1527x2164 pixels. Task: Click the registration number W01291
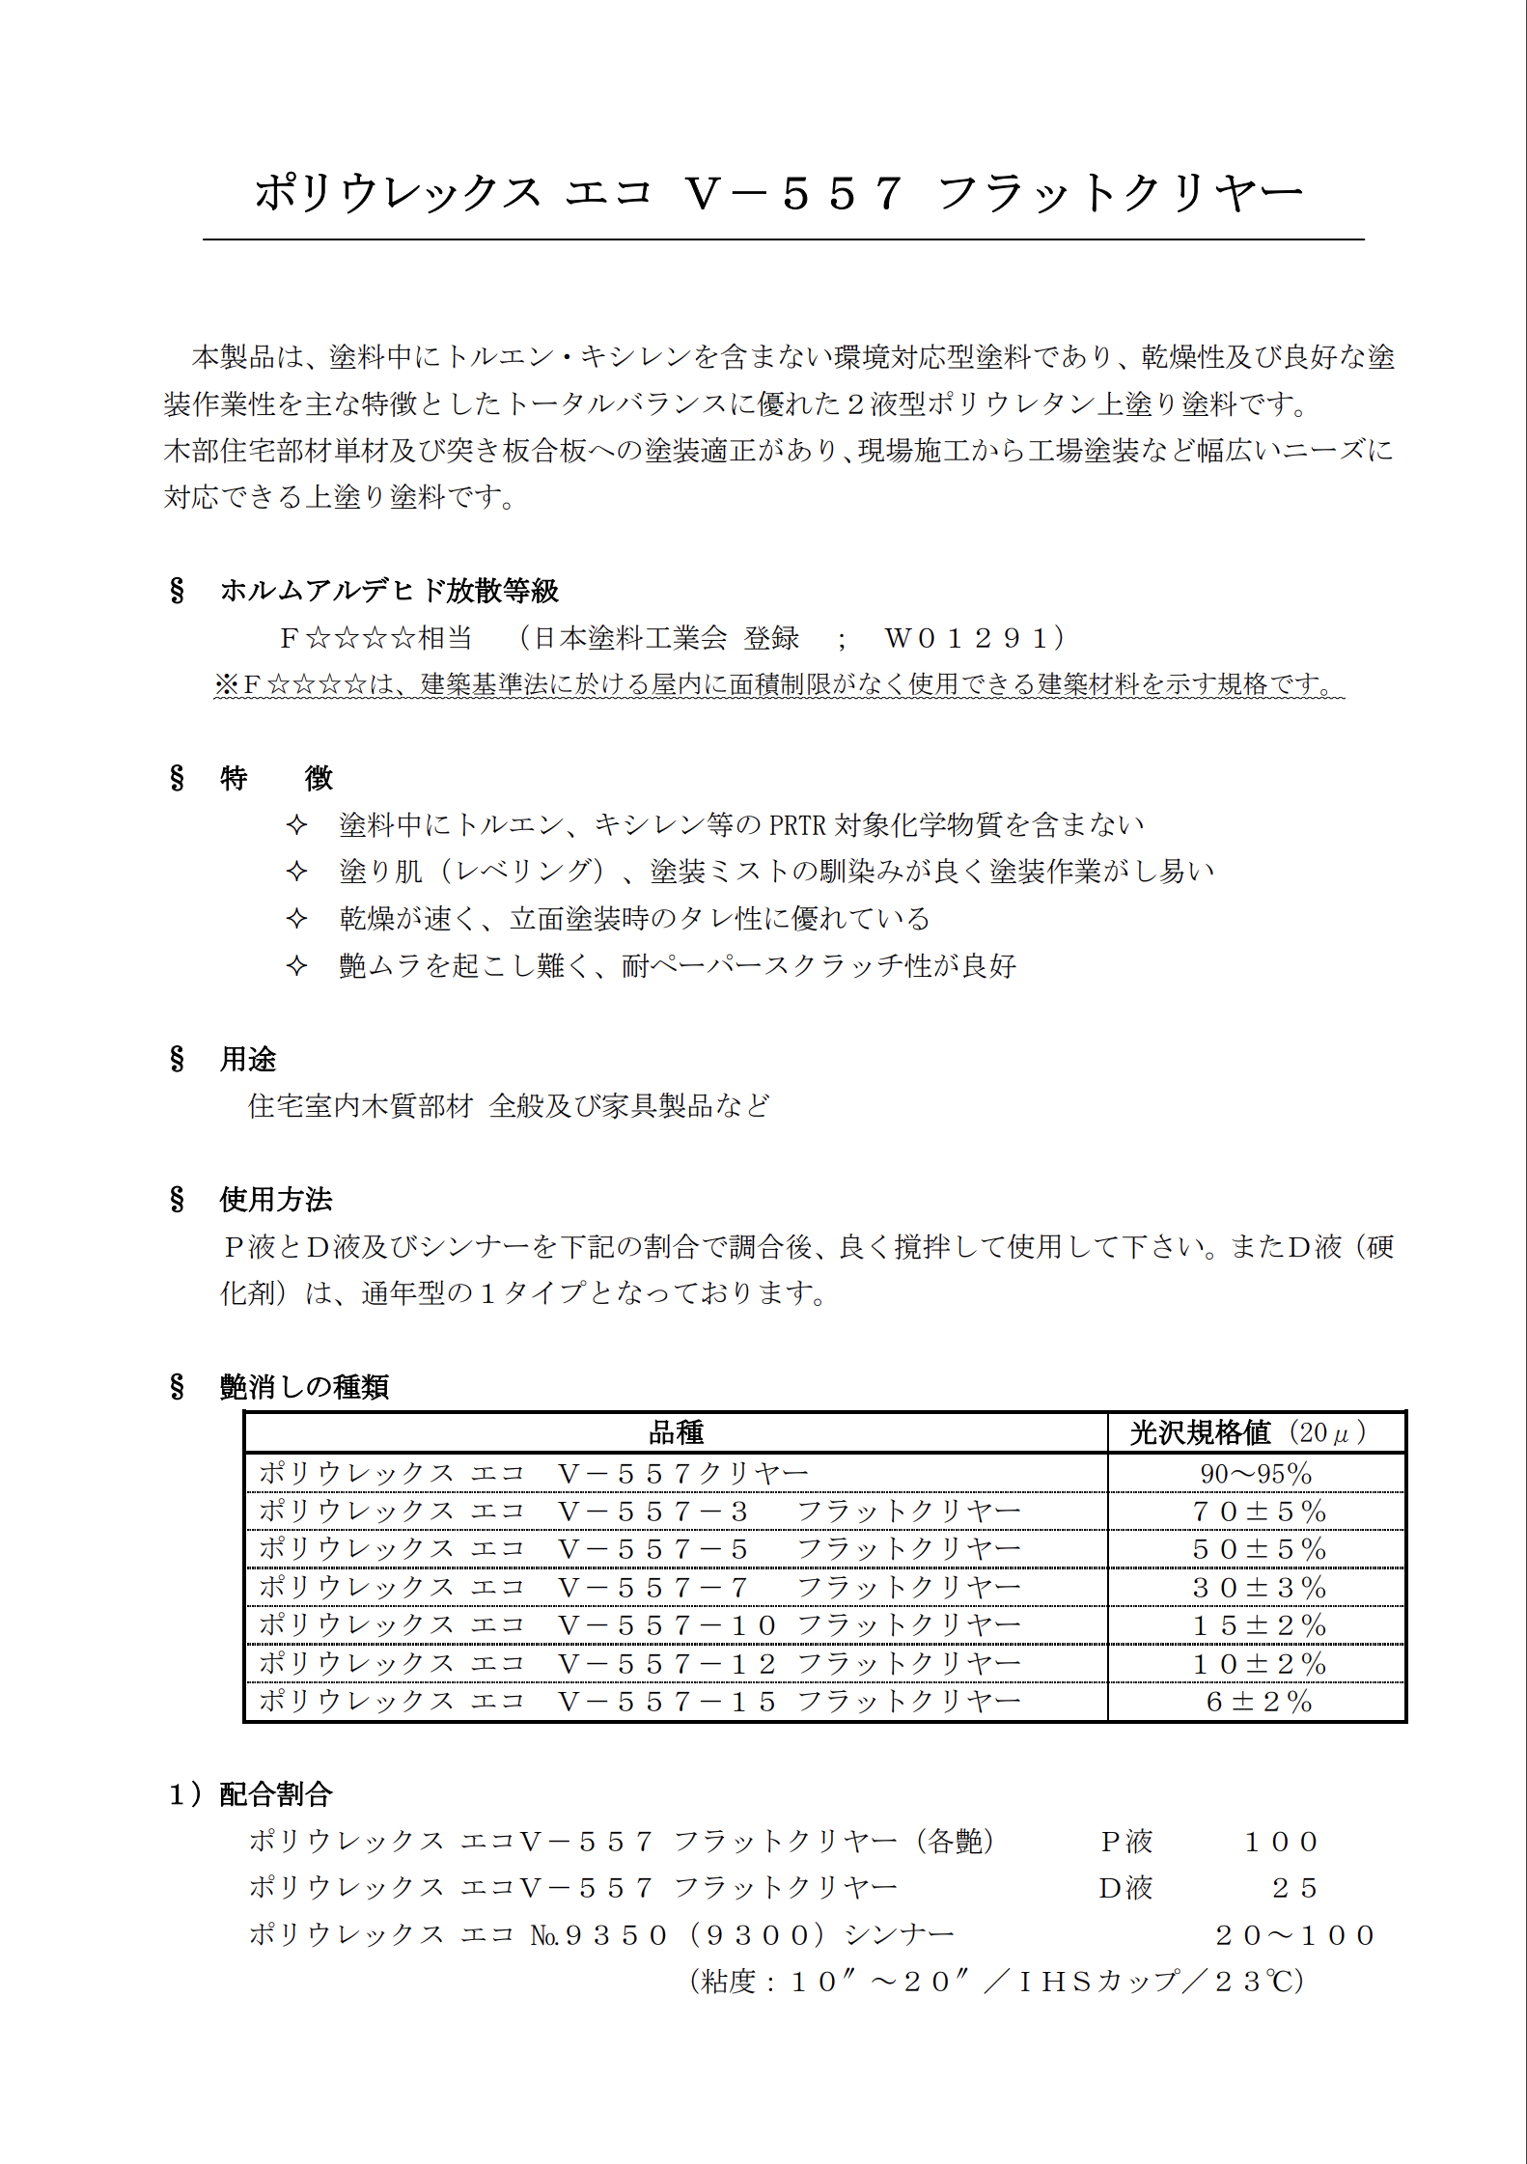(974, 638)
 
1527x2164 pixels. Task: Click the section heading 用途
(248, 1059)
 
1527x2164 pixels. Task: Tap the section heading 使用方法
(276, 1199)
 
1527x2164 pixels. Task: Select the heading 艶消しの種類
(304, 1387)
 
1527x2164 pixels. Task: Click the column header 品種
(676, 1432)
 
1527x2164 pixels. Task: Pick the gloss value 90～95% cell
(1256, 1474)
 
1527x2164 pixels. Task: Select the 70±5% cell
(1259, 1512)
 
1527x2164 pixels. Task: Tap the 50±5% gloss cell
(1259, 1549)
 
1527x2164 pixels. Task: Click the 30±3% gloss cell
(1259, 1588)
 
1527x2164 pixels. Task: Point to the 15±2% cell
(1259, 1625)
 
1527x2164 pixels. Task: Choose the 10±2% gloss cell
(1259, 1664)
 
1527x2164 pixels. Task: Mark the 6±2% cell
(1259, 1702)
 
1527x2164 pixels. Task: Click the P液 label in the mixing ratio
(1126, 1842)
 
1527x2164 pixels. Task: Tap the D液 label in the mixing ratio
(1125, 1888)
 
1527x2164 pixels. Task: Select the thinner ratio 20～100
(1294, 1935)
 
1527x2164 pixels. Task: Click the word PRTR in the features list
(797, 825)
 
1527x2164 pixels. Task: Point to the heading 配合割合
(276, 1794)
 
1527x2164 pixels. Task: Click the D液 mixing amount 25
(1294, 1888)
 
